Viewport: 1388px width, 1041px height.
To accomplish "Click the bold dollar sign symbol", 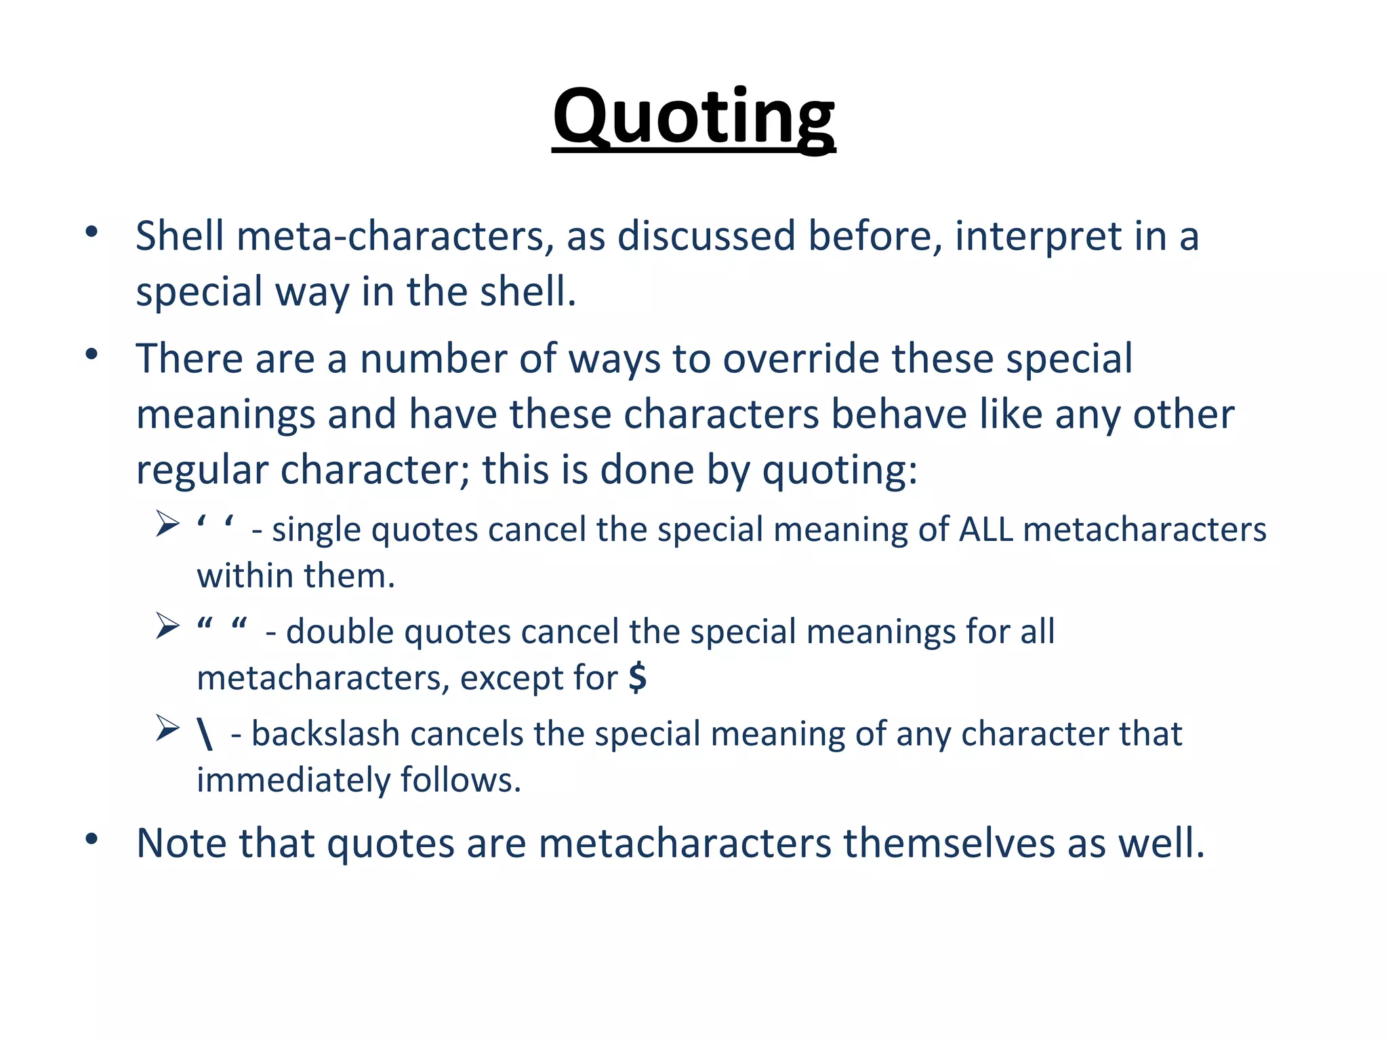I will (637, 677).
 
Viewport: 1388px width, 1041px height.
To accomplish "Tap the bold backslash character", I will (205, 734).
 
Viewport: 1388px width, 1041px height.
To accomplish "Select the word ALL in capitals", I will (986, 529).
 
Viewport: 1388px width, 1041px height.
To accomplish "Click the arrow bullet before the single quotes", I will (167, 524).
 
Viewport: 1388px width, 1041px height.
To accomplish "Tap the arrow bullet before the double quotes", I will (167, 626).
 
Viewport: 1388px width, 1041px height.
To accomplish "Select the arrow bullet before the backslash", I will (167, 728).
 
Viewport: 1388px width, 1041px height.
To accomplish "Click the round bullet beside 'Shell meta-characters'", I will (92, 232).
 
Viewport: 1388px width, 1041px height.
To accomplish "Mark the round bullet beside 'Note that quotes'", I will (92, 840).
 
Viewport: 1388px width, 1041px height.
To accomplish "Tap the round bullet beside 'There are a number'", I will (92, 354).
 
